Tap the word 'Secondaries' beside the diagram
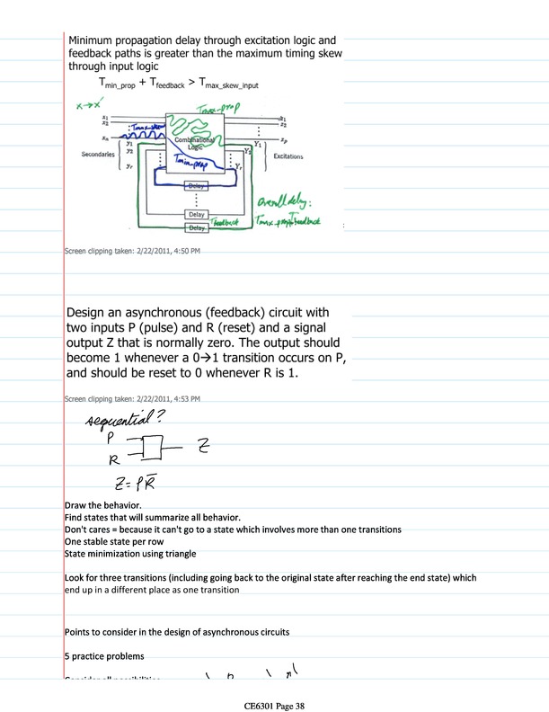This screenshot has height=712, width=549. (99, 155)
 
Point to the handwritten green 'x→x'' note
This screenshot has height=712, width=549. (87, 105)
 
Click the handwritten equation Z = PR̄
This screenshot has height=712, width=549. (134, 485)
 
